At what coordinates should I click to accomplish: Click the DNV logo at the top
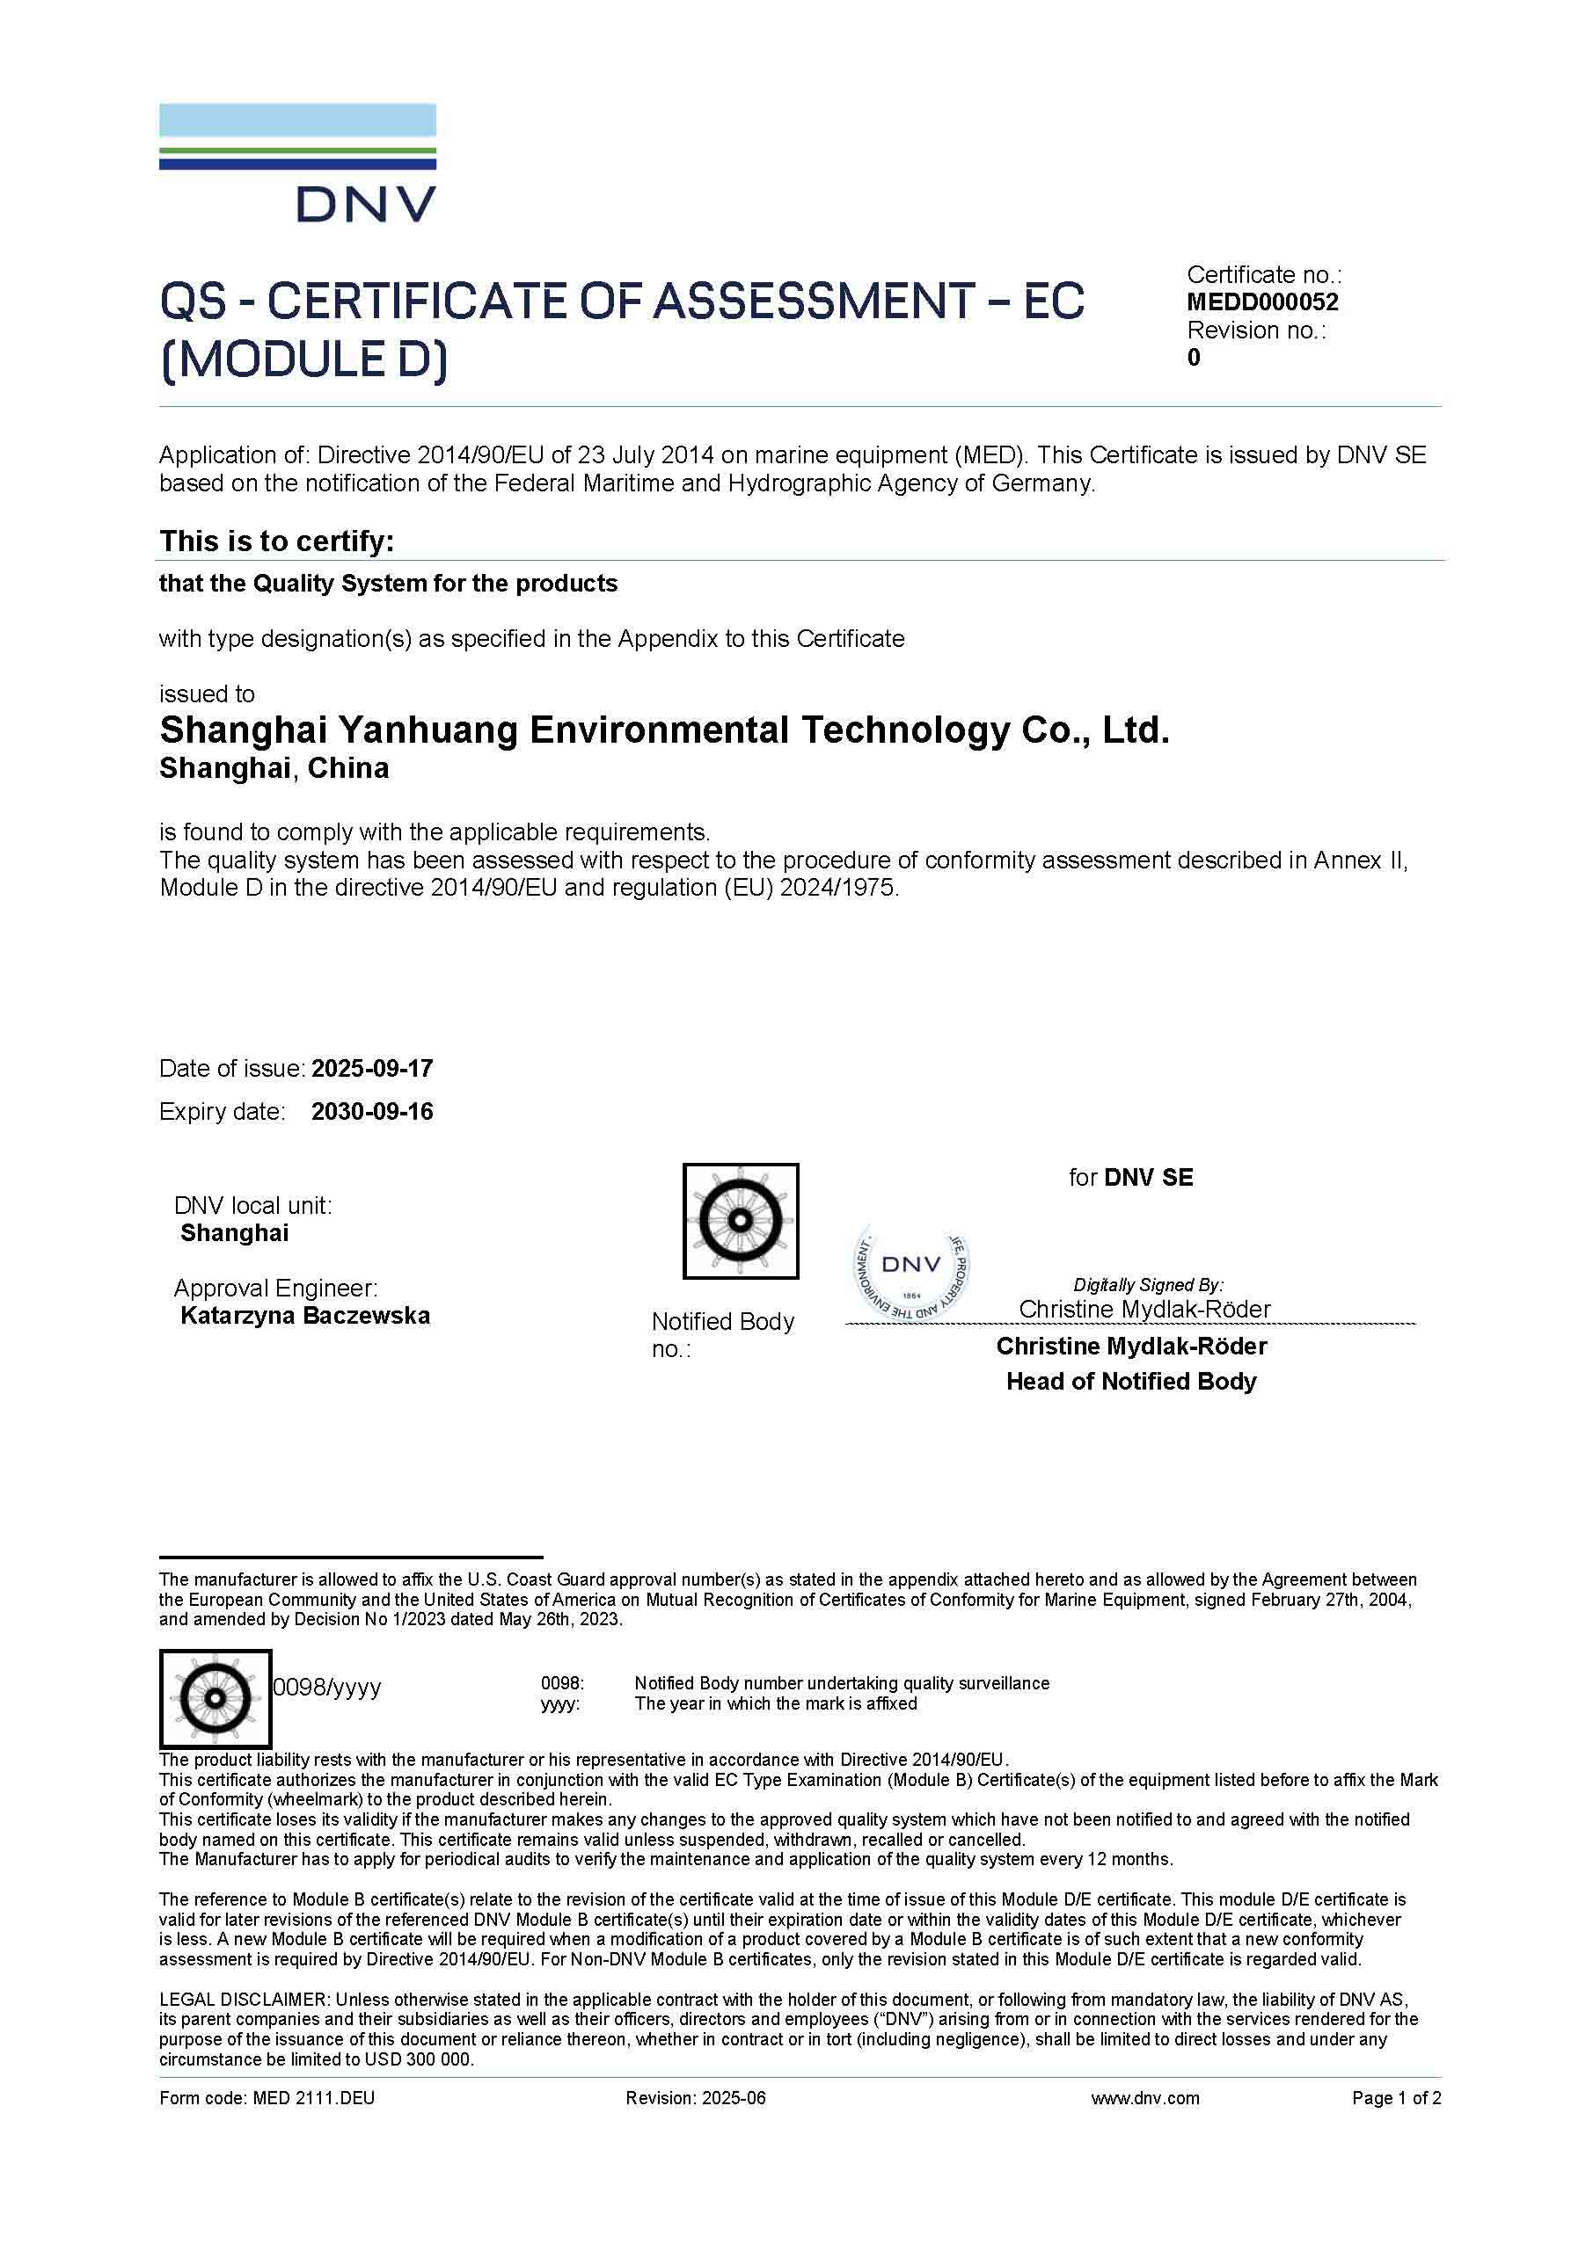(297, 163)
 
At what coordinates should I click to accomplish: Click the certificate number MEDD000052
(1261, 302)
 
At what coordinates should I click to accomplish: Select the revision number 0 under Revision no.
(1193, 358)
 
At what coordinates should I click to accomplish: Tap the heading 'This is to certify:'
(276, 541)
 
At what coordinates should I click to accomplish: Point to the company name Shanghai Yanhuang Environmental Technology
(664, 730)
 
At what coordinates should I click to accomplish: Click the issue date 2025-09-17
(372, 1068)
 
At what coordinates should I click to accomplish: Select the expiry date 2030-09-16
(372, 1111)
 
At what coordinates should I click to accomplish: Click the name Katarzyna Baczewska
(305, 1315)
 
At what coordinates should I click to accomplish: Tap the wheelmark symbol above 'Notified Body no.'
(741, 1221)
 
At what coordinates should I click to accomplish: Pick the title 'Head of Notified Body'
(1131, 1381)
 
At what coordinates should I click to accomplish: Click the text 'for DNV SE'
(1131, 1177)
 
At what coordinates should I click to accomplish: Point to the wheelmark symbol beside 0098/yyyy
(215, 1698)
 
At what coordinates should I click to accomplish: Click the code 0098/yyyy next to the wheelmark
(326, 1687)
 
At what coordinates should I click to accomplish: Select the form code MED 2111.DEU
(267, 2098)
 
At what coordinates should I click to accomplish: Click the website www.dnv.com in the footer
(1144, 2098)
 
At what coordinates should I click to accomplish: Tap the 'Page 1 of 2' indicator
(1396, 2098)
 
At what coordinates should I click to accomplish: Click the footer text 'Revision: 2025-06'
(696, 2098)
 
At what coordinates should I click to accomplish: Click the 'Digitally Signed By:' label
(1148, 1284)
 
